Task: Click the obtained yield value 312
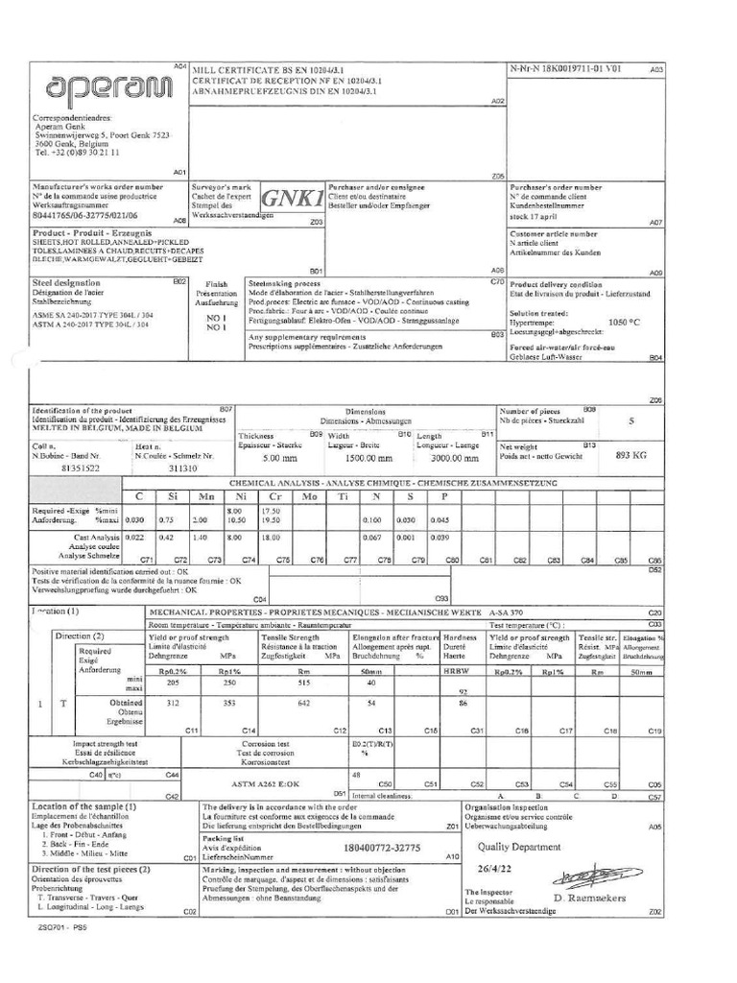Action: point(173,703)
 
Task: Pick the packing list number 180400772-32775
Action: point(383,848)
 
